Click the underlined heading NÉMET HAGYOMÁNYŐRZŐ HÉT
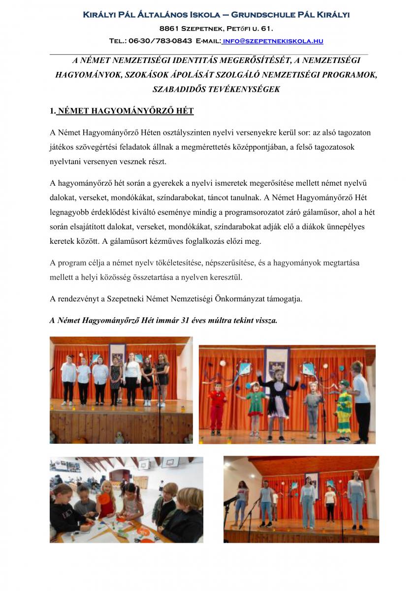125,111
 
